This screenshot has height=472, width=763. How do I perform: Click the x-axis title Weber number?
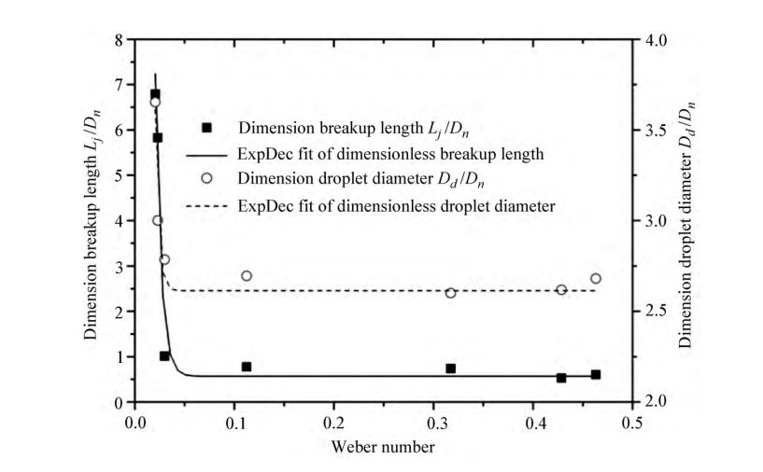point(382,447)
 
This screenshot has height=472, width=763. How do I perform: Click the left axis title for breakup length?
point(93,221)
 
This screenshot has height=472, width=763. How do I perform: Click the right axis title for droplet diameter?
point(685,221)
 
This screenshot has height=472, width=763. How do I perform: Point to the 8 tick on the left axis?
point(119,40)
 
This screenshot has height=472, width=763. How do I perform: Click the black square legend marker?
point(208,128)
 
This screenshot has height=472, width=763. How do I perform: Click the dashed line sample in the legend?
point(208,205)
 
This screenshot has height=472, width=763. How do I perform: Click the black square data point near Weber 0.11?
point(247,367)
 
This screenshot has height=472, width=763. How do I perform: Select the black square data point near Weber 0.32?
point(450,368)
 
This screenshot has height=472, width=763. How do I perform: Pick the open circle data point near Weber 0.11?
point(247,276)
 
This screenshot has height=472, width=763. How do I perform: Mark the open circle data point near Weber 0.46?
point(596,278)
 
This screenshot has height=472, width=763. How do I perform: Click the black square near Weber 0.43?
point(561,378)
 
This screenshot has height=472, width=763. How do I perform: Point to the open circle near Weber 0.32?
point(450,293)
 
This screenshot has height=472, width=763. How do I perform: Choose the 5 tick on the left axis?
point(119,175)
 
